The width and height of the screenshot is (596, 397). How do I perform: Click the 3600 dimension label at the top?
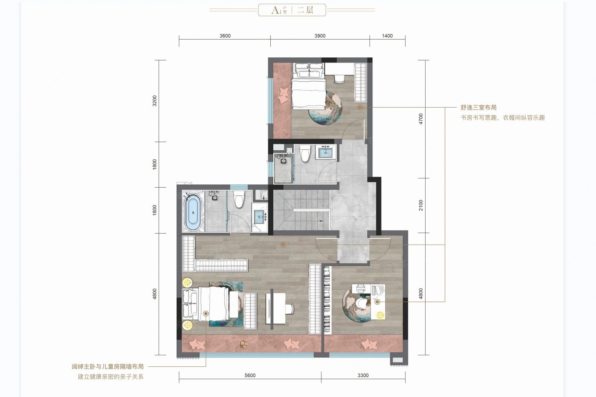pos(225,36)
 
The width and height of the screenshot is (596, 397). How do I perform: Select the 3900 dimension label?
pos(320,36)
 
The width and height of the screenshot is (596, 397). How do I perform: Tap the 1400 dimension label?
pos(387,36)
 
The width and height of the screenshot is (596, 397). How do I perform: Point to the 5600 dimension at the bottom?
pos(250,375)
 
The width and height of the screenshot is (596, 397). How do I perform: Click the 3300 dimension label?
pos(363,375)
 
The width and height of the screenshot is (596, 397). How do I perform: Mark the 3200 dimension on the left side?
pos(155,101)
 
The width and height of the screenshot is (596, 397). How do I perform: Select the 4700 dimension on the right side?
pos(421,119)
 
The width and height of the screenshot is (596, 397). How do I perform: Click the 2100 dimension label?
pos(421,206)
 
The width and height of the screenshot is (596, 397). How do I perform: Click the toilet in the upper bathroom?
pos(305,154)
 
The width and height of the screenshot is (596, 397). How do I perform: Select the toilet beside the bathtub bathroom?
pos(239,199)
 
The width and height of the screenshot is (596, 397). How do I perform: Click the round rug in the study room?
pos(357,303)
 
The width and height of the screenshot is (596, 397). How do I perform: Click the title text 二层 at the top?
pos(305,10)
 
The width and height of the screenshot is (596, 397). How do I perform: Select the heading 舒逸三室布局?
pos(479,108)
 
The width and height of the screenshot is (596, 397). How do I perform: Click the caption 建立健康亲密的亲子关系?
pos(111,377)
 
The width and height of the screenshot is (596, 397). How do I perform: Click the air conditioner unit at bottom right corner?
pos(398,360)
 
